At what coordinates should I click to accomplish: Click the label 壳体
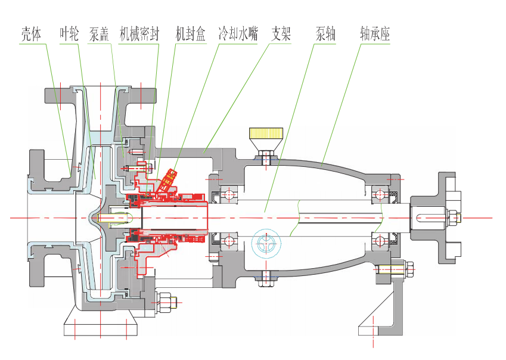[x=31, y=33]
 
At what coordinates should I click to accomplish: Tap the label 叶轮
[x=70, y=33]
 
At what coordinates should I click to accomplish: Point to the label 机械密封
[x=139, y=33]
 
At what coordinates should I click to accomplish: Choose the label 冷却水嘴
[x=238, y=33]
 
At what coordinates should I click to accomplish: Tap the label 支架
[x=281, y=33]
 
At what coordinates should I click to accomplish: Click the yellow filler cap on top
[x=266, y=134]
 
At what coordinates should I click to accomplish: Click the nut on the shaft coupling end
[x=452, y=218]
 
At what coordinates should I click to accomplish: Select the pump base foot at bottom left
[x=101, y=327]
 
